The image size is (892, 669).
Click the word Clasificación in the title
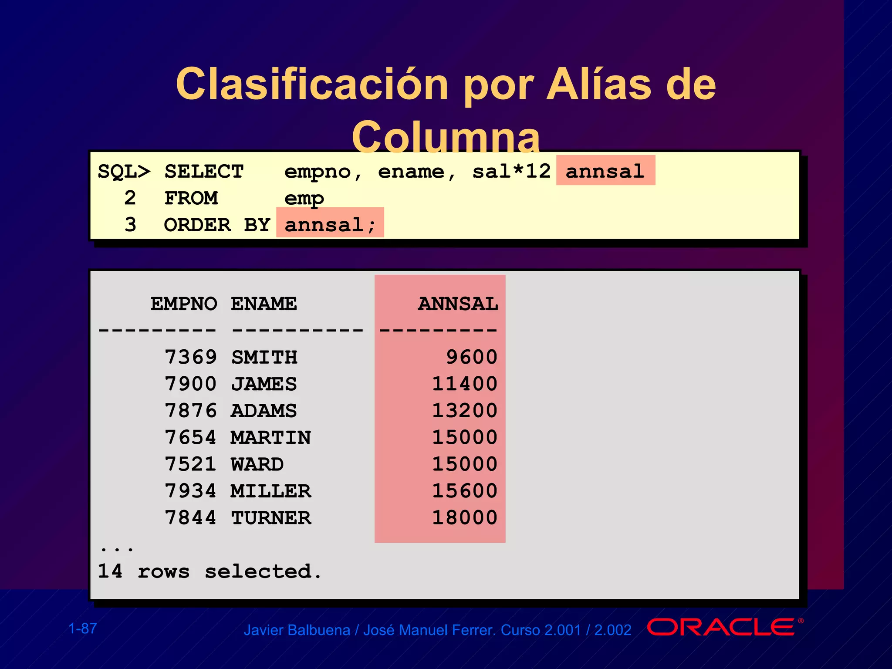point(312,84)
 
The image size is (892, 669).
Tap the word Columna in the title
point(446,138)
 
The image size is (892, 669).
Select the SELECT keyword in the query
point(204,172)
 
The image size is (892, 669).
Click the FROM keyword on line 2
point(191,199)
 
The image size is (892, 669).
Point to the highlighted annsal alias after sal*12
point(605,171)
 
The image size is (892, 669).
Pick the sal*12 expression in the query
point(511,171)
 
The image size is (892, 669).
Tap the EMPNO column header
point(184,304)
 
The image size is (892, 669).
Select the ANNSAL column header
point(458,304)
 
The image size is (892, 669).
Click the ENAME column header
point(264,304)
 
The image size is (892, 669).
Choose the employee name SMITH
point(264,358)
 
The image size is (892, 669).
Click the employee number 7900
point(191,384)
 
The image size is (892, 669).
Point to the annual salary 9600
point(472,358)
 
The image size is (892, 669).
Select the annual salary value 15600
point(465,491)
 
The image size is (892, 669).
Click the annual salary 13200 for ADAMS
point(465,411)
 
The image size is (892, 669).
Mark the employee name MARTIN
point(271,438)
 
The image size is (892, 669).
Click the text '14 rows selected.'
point(209,571)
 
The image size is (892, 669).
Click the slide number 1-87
point(83,628)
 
